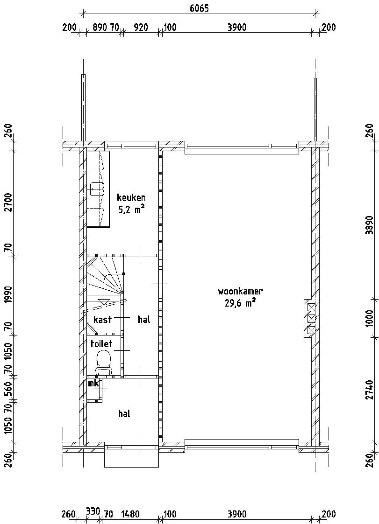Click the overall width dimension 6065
[199, 8]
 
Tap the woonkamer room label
[240, 291]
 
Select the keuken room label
[131, 198]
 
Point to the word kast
[102, 319]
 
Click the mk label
[93, 384]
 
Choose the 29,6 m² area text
[240, 303]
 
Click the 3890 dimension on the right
[369, 224]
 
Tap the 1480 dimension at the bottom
[131, 514]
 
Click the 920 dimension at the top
[141, 27]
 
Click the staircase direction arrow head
[104, 301]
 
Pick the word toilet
[101, 344]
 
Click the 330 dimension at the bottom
[93, 511]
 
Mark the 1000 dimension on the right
[369, 318]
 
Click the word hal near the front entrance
[124, 414]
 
